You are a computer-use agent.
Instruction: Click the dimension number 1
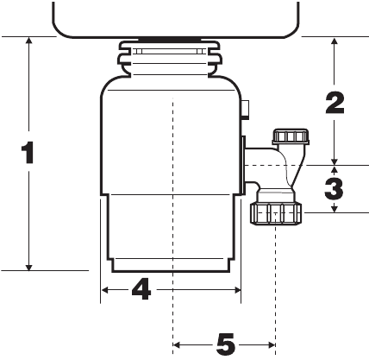coord(28,153)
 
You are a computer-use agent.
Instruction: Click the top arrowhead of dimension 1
coord(29,42)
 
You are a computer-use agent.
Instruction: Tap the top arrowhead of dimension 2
coord(335,42)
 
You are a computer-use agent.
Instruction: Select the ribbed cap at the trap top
coord(289,137)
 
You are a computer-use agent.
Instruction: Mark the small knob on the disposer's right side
coord(246,109)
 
